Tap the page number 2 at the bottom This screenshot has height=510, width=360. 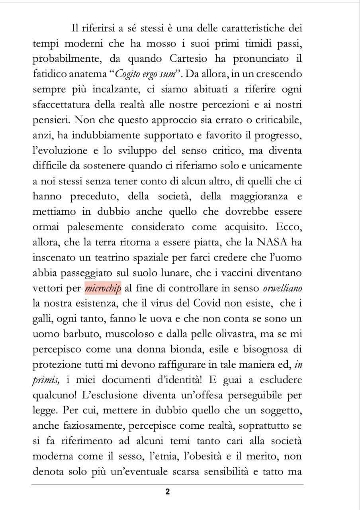pos(167,492)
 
